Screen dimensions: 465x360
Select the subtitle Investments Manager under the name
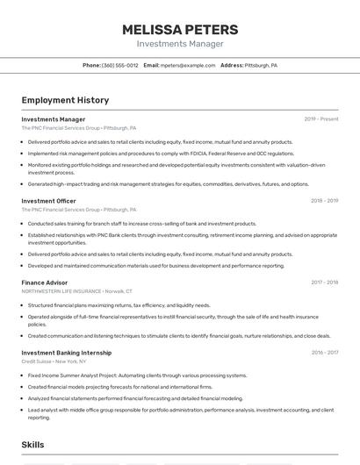coord(179,44)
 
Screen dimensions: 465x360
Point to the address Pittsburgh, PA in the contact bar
coord(261,65)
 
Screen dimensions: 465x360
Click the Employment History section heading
coord(65,100)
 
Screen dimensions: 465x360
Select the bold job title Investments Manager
coord(54,118)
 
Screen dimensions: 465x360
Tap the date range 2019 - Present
coord(321,118)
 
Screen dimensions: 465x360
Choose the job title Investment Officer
coord(49,201)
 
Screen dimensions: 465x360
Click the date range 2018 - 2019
coord(324,201)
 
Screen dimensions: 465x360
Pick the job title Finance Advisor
coord(45,283)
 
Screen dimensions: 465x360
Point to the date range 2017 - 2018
coord(324,283)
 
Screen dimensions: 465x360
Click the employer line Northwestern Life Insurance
coord(77,290)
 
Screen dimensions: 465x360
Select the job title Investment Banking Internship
coord(67,352)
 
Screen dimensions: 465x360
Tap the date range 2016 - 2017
coord(324,352)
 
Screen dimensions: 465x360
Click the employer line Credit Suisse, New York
coord(54,361)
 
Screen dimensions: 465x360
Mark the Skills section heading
coord(33,445)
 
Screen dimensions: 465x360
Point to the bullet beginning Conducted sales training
coord(141,224)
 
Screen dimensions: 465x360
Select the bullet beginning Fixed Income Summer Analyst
coord(137,376)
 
